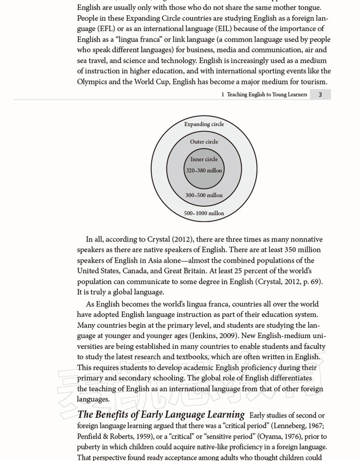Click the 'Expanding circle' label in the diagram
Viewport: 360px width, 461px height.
point(204,124)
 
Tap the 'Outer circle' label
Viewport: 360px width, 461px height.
point(204,142)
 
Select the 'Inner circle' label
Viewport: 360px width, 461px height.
point(204,159)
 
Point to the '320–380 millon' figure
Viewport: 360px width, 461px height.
point(204,171)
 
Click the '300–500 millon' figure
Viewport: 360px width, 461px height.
point(204,195)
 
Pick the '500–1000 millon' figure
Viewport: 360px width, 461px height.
point(204,214)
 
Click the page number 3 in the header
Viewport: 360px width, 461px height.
point(320,95)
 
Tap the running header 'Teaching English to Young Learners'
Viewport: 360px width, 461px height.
point(267,95)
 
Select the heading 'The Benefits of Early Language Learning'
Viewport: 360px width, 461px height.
point(161,415)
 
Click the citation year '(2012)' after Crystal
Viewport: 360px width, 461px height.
point(182,239)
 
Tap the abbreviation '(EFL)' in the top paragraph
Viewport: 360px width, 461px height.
point(104,29)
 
